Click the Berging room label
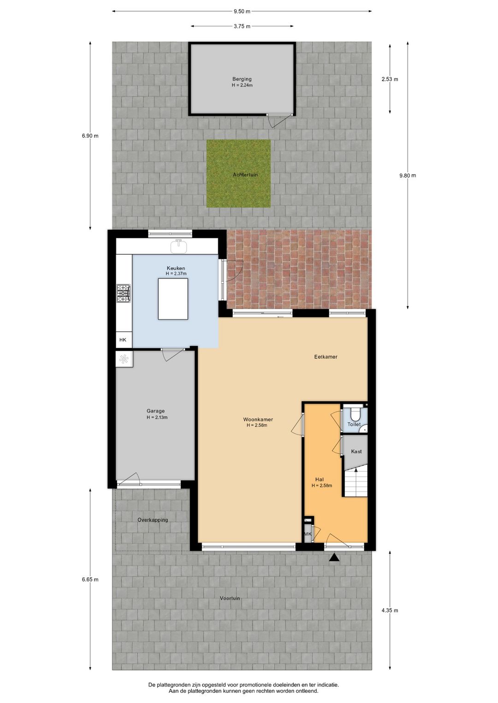pos(242,79)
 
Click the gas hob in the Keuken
pos(124,293)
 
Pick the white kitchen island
pos(173,299)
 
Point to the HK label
pos(123,340)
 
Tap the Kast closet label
pos(356,451)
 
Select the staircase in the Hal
pos(356,481)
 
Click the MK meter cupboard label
pos(308,534)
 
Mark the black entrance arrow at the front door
pos(334,558)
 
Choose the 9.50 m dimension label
pos(242,12)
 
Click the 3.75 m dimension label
pos(242,26)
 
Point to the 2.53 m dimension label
pos(390,79)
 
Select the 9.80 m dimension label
pos(408,176)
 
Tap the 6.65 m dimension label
pos(90,580)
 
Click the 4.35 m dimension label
pos(390,610)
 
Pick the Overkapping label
pos(153,520)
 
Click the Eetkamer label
pos(326,357)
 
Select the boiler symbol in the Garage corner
pos(124,359)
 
